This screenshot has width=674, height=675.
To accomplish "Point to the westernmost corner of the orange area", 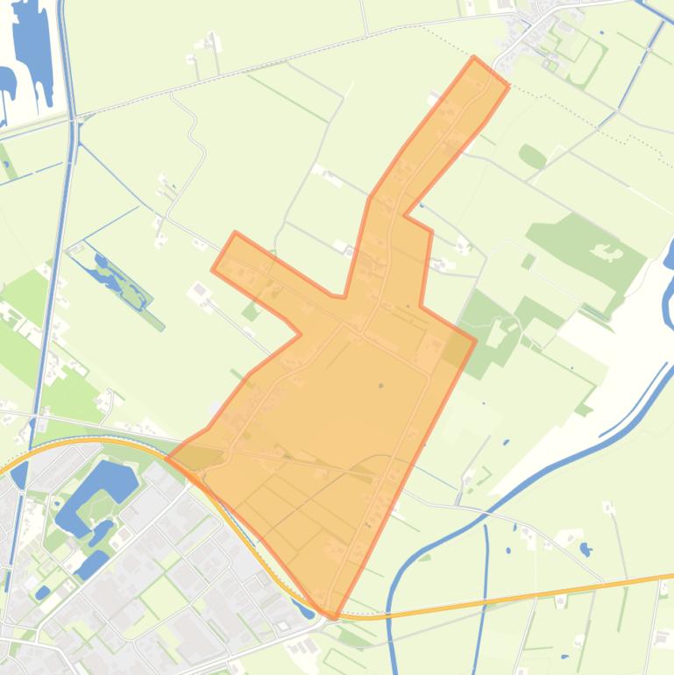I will pyautogui.click(x=167, y=458).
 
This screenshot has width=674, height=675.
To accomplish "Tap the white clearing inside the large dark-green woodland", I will pyautogui.click(x=607, y=254).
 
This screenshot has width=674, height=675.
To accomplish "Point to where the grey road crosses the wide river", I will pyautogui.click(x=458, y=505).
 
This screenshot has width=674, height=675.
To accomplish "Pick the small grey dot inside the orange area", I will pyautogui.click(x=380, y=386).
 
